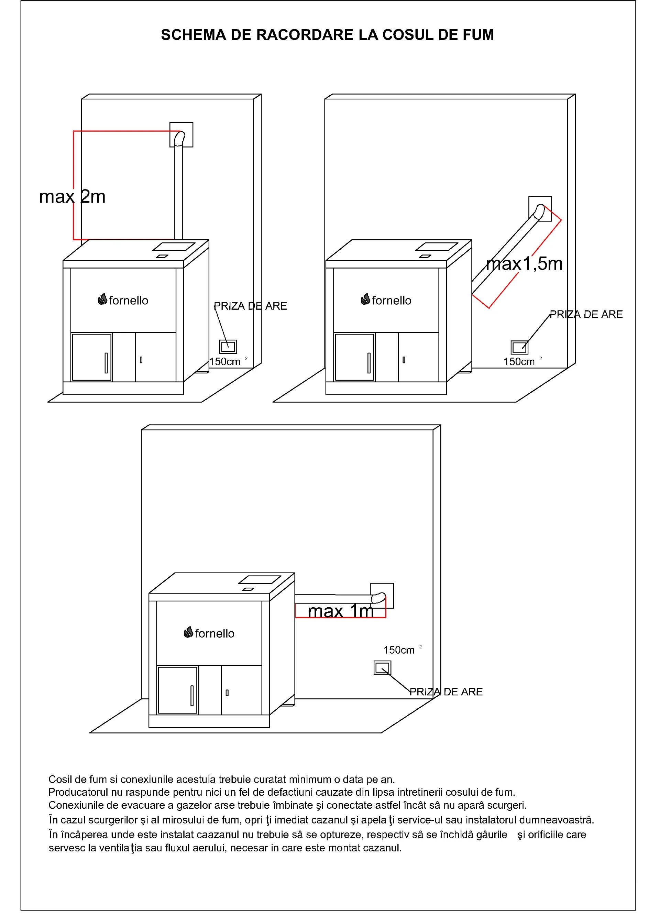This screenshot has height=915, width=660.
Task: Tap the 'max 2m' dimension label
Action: pos(72,197)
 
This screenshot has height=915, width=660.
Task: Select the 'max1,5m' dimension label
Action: pos(524,264)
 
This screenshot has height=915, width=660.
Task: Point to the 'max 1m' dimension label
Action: pos(341,611)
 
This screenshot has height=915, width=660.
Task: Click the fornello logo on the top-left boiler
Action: pos(123,301)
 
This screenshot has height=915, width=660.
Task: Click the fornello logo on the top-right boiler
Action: pos(386,301)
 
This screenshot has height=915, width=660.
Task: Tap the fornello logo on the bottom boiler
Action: pos(209,633)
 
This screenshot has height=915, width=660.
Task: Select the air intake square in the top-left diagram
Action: pos(228,347)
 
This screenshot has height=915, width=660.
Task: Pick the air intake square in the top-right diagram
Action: pos(519,347)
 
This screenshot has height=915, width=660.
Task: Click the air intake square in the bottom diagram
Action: pos(382,668)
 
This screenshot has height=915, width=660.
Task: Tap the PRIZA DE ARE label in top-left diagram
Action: pos(250,306)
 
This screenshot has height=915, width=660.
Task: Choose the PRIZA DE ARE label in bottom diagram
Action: pos(446,692)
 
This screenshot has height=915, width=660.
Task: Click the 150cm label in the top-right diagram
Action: pos(519,362)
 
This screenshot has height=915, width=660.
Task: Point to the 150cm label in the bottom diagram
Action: pos(399,650)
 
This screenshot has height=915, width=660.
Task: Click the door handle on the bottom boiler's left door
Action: pos(191,696)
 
